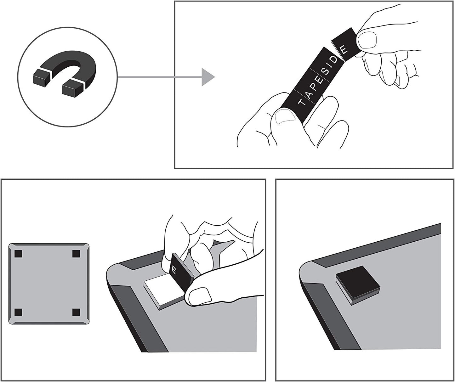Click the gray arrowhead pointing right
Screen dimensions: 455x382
208,77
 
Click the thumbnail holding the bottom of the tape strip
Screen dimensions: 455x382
285,116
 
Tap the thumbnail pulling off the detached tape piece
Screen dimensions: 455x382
367,41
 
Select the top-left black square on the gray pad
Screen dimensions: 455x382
18,254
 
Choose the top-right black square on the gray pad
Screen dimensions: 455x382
76,254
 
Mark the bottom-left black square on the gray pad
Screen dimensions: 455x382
18,312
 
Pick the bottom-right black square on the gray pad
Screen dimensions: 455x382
76,312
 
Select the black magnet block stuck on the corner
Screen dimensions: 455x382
358,285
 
